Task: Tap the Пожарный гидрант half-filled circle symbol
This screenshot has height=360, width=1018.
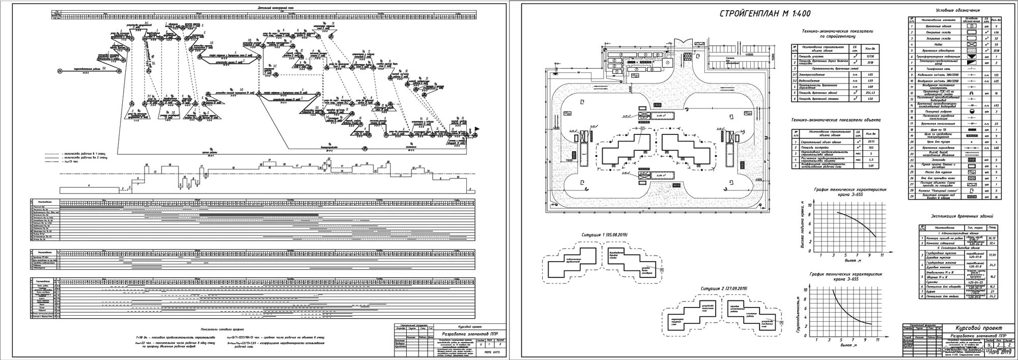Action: tap(973, 110)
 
